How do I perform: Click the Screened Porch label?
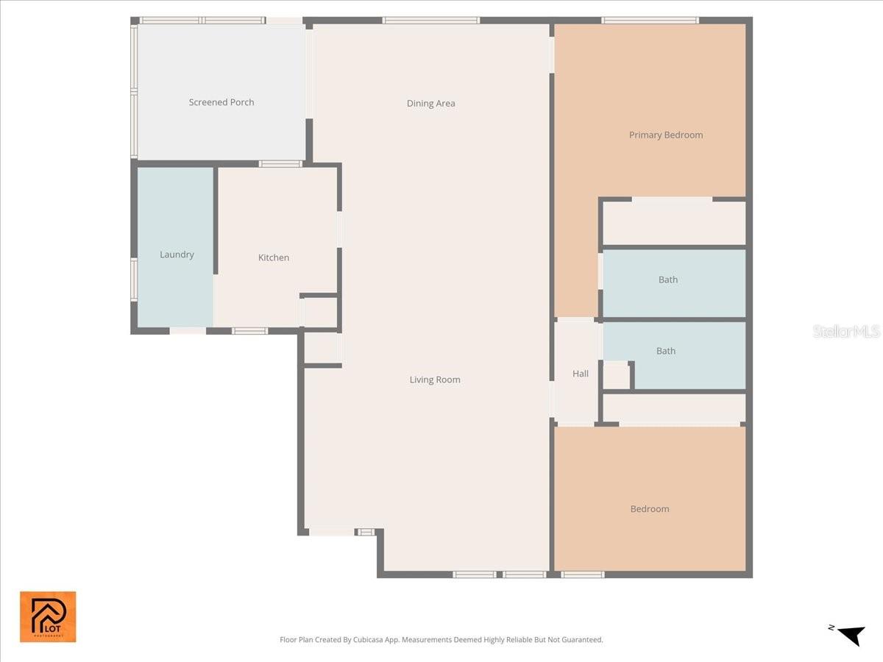[221, 102]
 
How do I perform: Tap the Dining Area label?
[430, 104]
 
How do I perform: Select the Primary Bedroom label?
[665, 135]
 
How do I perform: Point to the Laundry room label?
[177, 255]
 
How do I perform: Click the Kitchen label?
[274, 257]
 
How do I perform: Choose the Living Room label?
[435, 380]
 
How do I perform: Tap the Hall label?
[581, 374]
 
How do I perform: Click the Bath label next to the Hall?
[666, 351]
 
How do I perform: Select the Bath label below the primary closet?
[668, 280]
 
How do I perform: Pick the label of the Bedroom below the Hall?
[650, 509]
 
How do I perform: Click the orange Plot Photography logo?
[48, 616]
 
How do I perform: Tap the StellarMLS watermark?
[846, 332]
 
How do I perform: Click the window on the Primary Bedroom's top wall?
[650, 21]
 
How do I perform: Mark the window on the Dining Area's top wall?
[431, 21]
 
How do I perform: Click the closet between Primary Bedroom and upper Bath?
[674, 223]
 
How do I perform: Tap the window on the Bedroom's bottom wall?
[582, 574]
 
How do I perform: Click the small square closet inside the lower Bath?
[616, 376]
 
